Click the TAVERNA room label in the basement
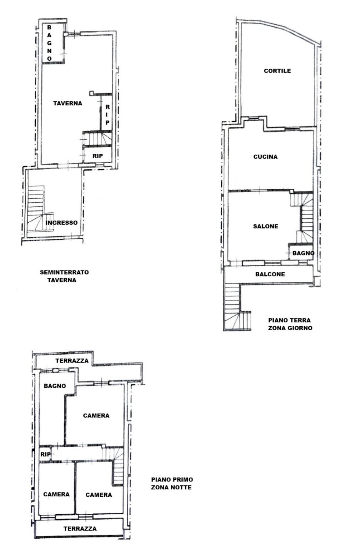[67, 103]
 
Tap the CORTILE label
[277, 71]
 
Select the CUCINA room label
[265, 157]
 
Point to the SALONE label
[265, 226]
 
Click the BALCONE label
[270, 274]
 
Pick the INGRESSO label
[61, 223]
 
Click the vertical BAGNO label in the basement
[49, 43]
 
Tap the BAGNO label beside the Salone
[303, 253]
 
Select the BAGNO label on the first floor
[55, 386]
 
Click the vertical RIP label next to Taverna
[107, 114]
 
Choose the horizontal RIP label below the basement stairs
[97, 156]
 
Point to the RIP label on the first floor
[45, 455]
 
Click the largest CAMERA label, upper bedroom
[96, 415]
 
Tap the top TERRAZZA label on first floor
[72, 361]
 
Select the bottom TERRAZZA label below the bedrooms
[80, 529]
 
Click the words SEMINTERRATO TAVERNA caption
[64, 276]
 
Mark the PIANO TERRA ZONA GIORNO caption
[290, 324]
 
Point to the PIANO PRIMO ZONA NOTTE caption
[172, 483]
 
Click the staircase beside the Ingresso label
[36, 209]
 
